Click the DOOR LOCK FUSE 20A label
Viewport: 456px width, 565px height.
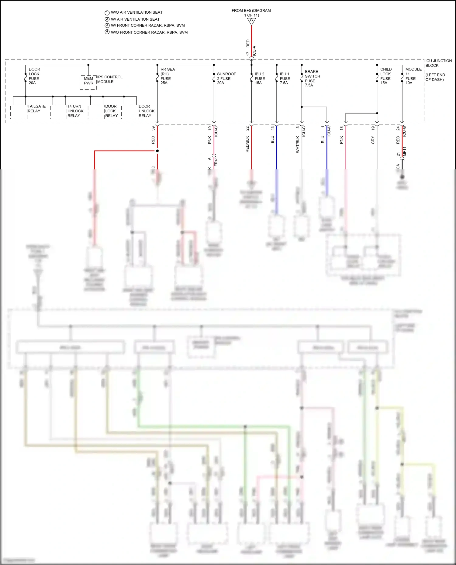click(34, 76)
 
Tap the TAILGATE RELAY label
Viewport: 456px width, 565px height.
click(36, 109)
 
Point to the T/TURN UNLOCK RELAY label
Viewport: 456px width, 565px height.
click(75, 111)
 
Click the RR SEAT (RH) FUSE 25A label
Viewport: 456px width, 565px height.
click(168, 76)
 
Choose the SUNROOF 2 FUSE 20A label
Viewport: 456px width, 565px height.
click(226, 78)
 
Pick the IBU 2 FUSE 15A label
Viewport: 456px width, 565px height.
click(260, 78)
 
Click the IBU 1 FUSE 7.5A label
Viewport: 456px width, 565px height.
click(285, 78)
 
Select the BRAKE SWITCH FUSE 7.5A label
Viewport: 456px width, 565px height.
click(312, 78)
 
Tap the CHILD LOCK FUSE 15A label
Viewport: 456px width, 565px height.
click(386, 76)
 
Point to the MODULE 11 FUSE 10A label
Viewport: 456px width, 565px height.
click(413, 76)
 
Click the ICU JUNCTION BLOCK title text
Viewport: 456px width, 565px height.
click(438, 63)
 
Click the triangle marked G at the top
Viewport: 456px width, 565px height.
click(251, 21)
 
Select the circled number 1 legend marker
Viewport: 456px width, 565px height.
click(107, 13)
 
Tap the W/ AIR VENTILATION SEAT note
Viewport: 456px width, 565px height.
click(135, 19)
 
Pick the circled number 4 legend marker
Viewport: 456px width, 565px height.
click(107, 32)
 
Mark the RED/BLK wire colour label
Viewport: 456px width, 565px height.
click(247, 144)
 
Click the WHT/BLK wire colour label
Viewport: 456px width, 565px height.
click(298, 145)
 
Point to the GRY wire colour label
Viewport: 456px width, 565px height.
click(373, 140)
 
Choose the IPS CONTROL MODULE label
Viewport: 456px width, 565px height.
click(110, 80)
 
